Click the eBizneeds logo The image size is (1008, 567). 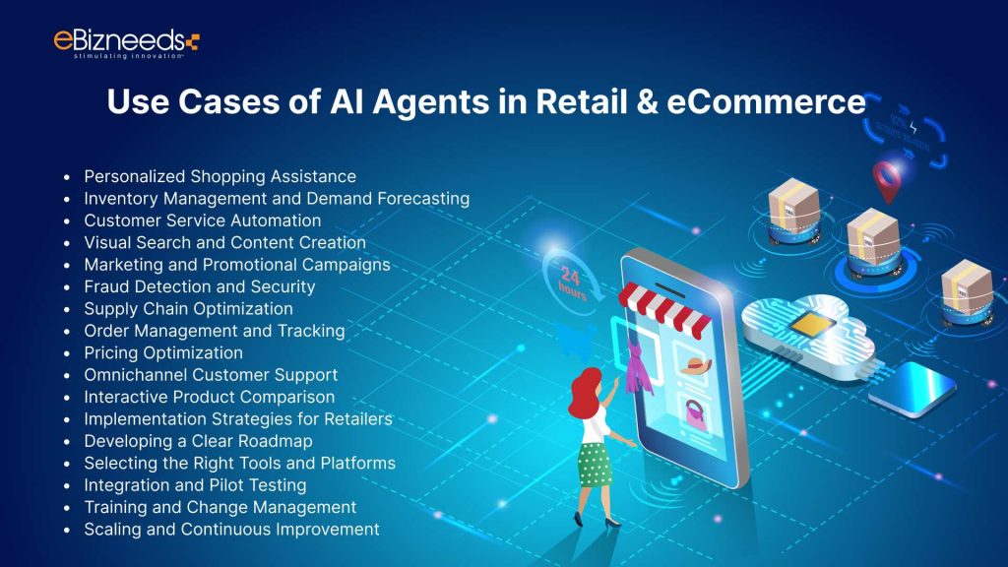(126, 42)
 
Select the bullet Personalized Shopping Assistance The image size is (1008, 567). (220, 176)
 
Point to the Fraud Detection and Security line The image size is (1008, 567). (199, 286)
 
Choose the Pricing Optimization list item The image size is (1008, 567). (162, 352)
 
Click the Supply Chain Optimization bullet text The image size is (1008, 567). (188, 309)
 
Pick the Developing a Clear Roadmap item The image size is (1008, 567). (198, 441)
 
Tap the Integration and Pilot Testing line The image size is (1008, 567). (195, 485)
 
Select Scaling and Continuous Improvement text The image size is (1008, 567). (231, 530)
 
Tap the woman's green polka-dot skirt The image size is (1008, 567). (595, 464)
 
